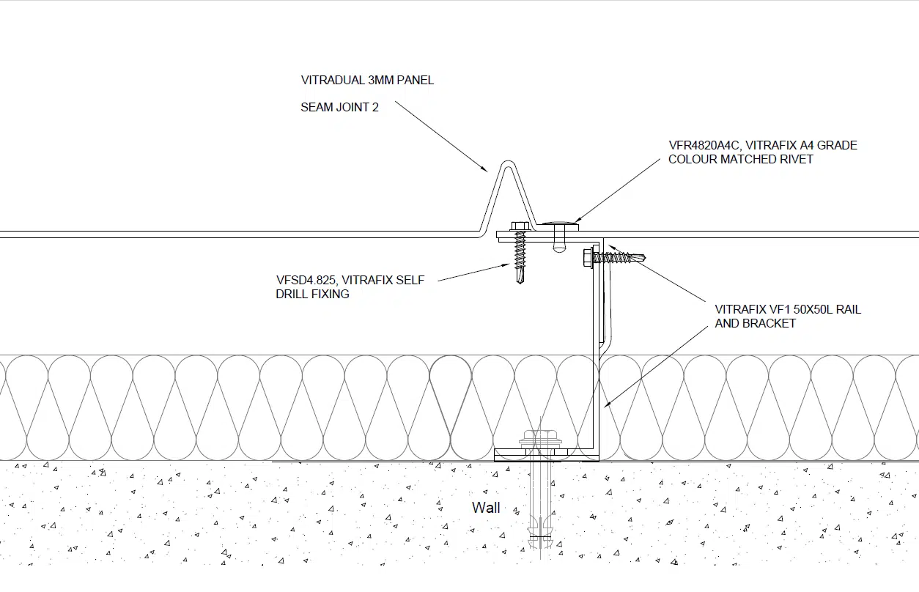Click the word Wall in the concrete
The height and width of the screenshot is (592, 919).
486,508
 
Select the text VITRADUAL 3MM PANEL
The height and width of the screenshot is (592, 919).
367,80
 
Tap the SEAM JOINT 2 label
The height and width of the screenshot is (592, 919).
339,107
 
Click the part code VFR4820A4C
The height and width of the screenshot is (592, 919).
704,146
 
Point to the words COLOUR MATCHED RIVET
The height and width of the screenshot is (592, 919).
740,159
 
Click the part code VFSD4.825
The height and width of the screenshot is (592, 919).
306,280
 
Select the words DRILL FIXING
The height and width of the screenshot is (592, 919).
312,294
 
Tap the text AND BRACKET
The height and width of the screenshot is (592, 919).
756,323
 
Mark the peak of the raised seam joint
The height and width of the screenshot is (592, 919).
508,162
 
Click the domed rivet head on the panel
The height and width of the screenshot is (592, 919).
560,223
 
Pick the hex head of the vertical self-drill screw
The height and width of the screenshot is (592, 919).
520,226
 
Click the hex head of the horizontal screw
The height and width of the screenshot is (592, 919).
587,258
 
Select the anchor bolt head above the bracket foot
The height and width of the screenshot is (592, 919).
540,436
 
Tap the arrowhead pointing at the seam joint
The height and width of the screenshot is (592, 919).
484,169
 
